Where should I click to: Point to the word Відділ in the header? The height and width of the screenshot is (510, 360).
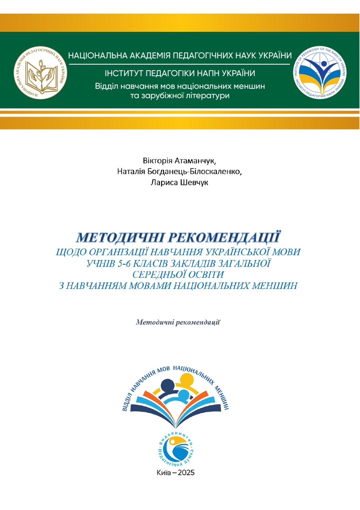(x=106, y=86)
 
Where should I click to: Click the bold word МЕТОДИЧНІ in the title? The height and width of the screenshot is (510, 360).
(x=120, y=237)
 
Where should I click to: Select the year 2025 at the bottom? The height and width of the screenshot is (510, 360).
(x=184, y=473)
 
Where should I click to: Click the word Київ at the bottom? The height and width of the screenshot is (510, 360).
(x=165, y=473)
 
